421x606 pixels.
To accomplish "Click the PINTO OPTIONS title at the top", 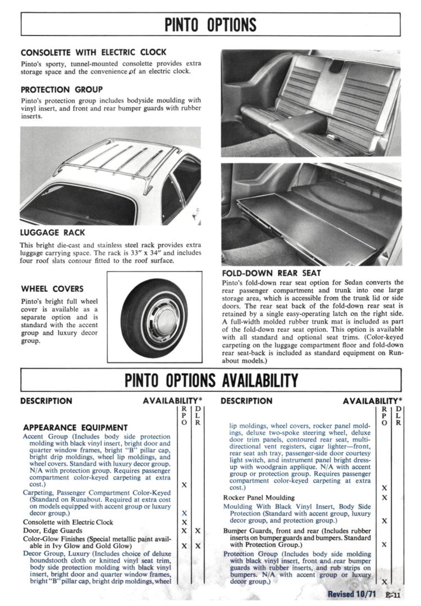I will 210,25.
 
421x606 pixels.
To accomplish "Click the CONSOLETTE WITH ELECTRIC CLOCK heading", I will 93,52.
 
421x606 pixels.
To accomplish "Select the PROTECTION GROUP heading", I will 61,89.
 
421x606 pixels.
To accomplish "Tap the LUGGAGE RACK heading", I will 52,232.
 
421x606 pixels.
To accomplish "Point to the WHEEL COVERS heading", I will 52,289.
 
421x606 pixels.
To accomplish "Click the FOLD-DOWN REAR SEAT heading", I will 272,273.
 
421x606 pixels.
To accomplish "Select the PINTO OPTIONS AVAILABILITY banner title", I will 211,381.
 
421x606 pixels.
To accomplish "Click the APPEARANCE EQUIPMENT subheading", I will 75,428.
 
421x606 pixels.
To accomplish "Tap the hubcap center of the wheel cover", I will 148,318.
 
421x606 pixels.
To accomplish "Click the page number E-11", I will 392,595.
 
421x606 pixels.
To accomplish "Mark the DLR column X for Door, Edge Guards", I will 198,531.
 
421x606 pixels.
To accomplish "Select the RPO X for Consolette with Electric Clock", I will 184,522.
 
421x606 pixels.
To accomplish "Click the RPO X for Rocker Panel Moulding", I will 385,498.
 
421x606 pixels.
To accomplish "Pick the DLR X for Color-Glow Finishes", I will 198,546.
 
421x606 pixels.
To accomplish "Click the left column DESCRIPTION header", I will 46,401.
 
